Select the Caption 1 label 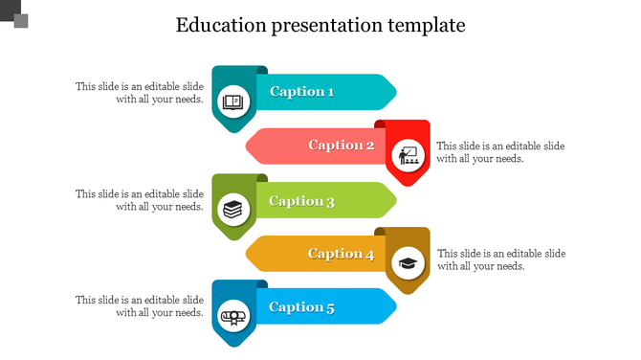301,92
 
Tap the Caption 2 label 341,146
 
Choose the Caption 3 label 301,201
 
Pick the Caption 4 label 341,254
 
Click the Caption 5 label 301,307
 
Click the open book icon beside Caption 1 233,101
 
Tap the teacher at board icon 409,154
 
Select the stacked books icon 233,209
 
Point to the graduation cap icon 409,262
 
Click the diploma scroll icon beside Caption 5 233,316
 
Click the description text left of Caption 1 140,92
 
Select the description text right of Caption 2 500,152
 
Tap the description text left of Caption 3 140,199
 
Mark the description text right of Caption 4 501,259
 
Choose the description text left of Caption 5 140,305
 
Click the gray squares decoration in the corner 14,14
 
